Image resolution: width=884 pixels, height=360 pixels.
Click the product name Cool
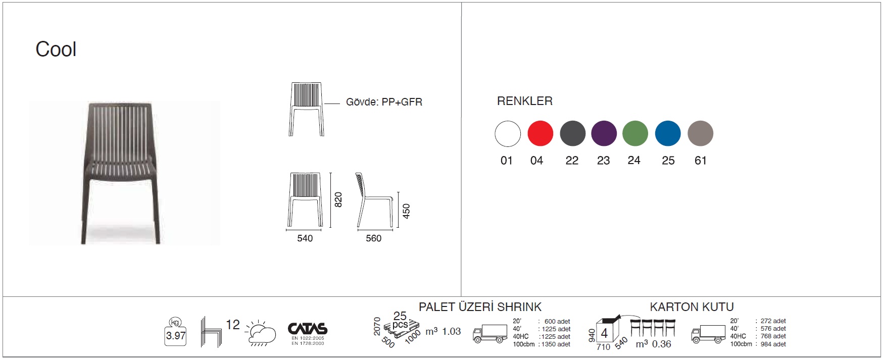[x=56, y=49]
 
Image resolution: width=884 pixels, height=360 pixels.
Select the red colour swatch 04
[x=541, y=133]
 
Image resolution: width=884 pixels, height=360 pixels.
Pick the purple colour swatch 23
[x=604, y=133]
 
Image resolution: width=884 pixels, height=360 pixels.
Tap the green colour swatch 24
[x=635, y=133]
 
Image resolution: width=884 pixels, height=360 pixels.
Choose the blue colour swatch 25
[x=668, y=133]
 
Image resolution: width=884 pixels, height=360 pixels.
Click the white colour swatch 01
[x=508, y=133]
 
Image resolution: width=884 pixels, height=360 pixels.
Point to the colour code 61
[x=701, y=161]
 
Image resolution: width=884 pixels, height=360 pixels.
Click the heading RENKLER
[x=525, y=101]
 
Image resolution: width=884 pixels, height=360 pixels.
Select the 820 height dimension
[x=338, y=199]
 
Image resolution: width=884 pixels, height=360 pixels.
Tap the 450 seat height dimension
[x=407, y=211]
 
